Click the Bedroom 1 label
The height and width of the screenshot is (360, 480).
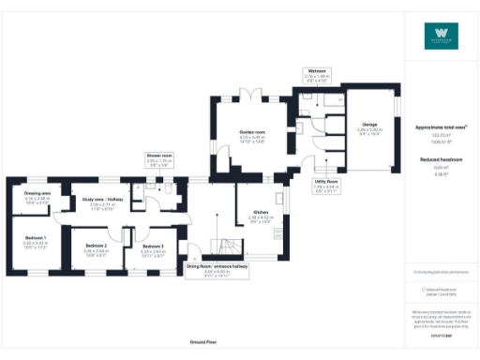click(35, 238)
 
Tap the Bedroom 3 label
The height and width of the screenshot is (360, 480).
click(153, 246)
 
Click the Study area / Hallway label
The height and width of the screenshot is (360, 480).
click(102, 199)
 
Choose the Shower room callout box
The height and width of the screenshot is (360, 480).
click(159, 158)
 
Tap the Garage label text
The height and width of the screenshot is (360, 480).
click(369, 124)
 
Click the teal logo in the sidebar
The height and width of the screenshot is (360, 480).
click(442, 35)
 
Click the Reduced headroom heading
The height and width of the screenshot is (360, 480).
click(442, 160)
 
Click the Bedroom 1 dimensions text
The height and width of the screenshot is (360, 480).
click(35, 245)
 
